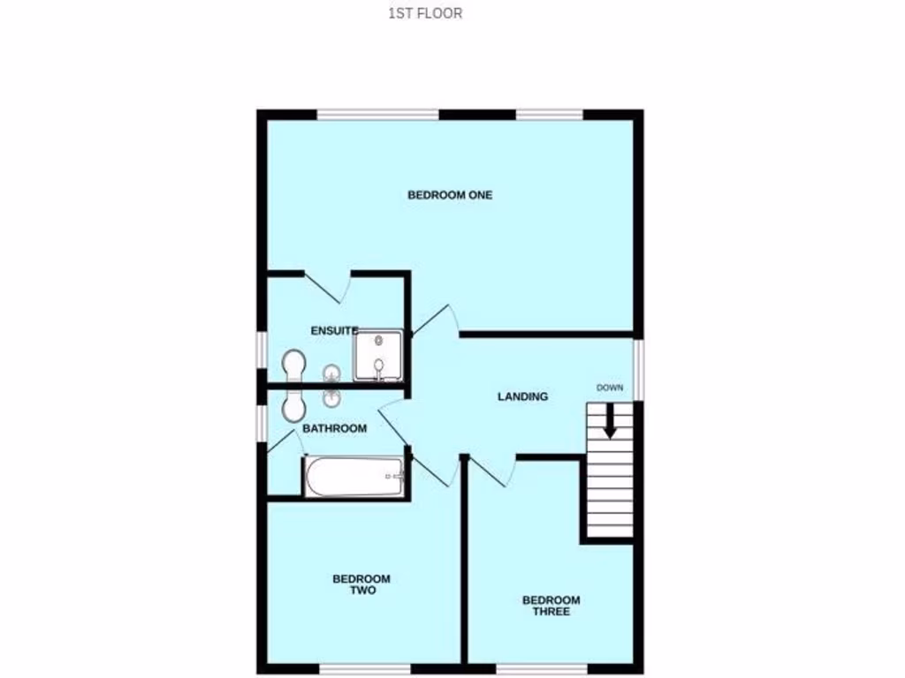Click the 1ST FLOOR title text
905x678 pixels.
pos(425,13)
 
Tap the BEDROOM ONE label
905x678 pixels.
pos(450,195)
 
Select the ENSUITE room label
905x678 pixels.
pos(334,330)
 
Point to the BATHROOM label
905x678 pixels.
pos(335,428)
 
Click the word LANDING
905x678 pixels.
pos(522,396)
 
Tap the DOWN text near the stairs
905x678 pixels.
pos(610,388)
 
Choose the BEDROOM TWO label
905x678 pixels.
pos(361,584)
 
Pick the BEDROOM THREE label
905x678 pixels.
pos(551,606)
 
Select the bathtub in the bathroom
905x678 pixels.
pos(354,477)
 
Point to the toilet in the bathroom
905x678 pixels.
pos(293,407)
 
